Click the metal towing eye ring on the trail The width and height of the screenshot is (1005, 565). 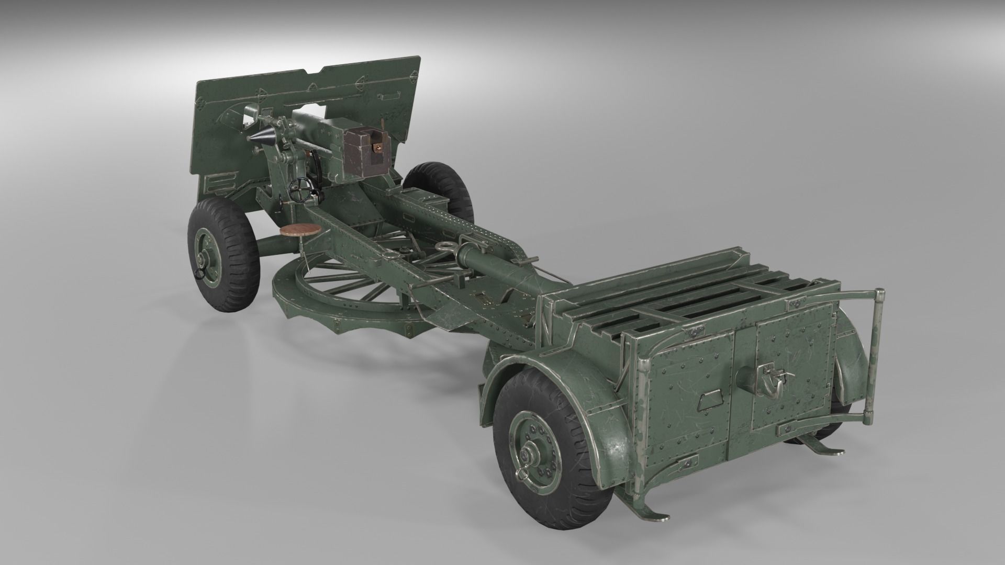click(x=443, y=246)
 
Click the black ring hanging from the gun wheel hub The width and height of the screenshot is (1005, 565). click(x=199, y=275)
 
